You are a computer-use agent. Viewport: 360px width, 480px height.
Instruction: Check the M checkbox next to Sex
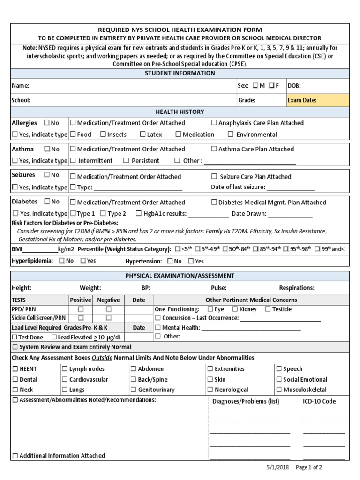point(255,86)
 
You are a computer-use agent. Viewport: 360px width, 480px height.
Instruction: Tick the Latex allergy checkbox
point(143,135)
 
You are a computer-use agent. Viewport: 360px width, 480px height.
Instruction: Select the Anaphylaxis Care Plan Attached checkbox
point(214,123)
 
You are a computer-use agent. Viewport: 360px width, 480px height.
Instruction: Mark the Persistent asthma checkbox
point(126,160)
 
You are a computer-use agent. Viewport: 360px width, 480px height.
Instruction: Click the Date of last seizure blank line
point(291,187)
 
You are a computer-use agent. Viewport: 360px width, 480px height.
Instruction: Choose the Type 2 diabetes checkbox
point(103,214)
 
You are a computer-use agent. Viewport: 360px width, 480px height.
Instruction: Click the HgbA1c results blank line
point(208,214)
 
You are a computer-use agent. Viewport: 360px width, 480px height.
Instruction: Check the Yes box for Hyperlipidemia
point(82,261)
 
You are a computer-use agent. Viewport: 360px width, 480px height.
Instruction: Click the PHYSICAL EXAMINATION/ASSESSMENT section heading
point(180,276)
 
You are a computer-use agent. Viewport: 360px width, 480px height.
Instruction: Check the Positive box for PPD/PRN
point(81,309)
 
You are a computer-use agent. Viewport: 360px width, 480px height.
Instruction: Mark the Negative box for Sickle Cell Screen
point(108,318)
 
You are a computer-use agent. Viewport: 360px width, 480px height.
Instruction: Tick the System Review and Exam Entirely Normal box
point(15,347)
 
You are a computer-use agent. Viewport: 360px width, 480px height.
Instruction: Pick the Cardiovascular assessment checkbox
point(65,379)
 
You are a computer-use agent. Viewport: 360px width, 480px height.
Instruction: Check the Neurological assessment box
point(210,390)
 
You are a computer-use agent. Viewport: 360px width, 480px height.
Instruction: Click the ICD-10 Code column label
point(319,401)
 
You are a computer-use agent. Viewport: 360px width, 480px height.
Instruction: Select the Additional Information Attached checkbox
point(15,455)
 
